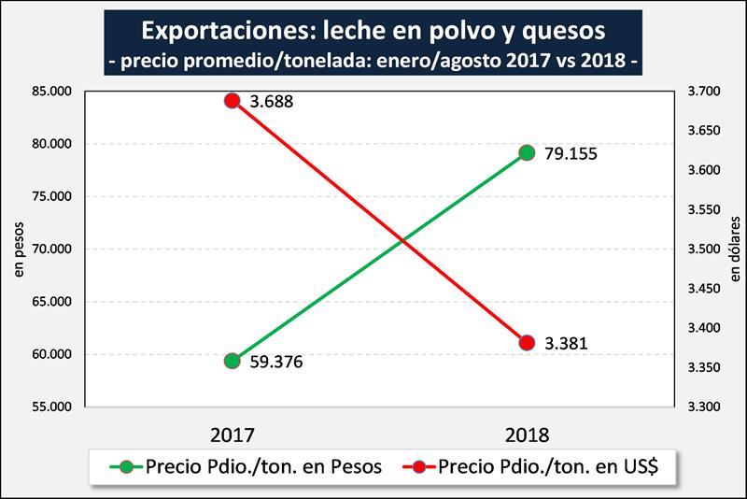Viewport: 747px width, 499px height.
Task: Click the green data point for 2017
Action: click(x=233, y=361)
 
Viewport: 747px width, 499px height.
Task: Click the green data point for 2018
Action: click(x=527, y=152)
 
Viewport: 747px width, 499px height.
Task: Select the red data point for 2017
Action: click(x=233, y=101)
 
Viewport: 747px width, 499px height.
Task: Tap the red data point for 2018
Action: click(x=527, y=343)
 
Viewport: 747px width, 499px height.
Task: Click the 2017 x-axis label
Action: click(x=233, y=435)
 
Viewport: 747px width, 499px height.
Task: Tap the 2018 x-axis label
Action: click(x=527, y=435)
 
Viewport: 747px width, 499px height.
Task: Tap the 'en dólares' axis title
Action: click(x=735, y=249)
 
